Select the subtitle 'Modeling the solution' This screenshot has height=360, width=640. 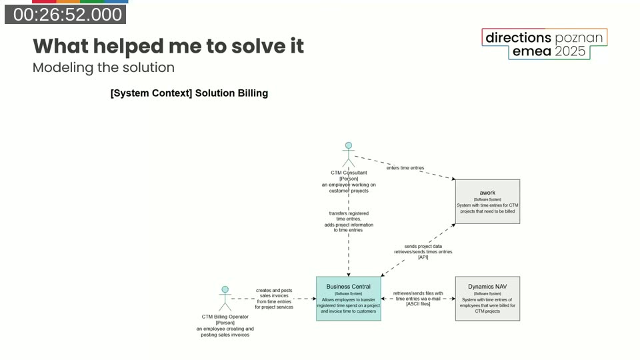click(103, 67)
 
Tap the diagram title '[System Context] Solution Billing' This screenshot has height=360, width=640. click(189, 93)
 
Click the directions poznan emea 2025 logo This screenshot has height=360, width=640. click(544, 44)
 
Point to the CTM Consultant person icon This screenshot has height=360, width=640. click(348, 154)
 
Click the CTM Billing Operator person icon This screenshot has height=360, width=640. click(225, 299)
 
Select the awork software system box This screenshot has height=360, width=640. click(487, 201)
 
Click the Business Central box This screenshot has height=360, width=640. click(348, 299)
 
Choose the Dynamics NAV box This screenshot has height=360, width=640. click(487, 299)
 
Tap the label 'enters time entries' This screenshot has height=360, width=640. click(405, 168)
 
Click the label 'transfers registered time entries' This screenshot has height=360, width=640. click(348, 216)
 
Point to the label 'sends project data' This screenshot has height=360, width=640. click(423, 246)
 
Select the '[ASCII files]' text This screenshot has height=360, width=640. click(418, 304)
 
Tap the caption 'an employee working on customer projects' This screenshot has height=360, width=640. click(348, 187)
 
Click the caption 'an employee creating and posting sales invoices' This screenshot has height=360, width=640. click(225, 331)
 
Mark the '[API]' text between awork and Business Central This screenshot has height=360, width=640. click(423, 257)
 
